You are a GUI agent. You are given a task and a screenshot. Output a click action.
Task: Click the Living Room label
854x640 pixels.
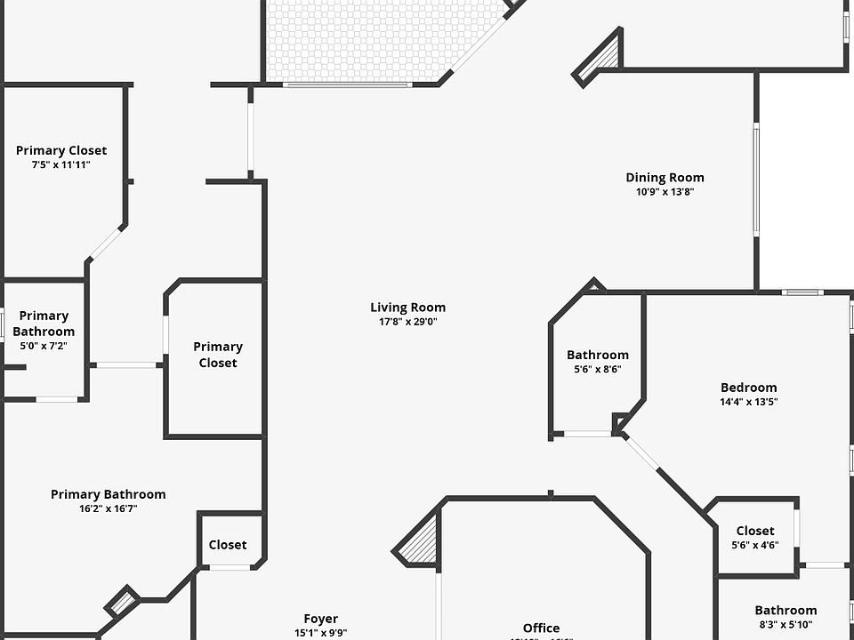click(x=407, y=308)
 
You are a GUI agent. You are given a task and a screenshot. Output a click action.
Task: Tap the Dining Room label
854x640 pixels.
click(x=665, y=178)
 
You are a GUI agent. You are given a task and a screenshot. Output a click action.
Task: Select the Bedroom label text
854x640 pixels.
click(x=748, y=388)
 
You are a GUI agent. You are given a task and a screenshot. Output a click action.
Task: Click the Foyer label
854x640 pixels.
click(x=320, y=619)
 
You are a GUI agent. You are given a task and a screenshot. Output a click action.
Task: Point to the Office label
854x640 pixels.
click(x=541, y=628)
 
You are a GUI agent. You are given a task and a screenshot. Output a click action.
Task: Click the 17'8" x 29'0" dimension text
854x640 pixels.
click(x=407, y=322)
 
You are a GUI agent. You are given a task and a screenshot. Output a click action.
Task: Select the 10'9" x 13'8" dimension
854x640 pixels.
click(x=665, y=192)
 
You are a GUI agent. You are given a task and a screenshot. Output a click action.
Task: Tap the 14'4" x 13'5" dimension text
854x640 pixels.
click(x=748, y=402)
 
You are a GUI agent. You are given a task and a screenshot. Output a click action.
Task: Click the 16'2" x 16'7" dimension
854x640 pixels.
click(x=108, y=508)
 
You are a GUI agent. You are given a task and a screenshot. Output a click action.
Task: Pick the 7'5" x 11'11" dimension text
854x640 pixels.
click(x=60, y=164)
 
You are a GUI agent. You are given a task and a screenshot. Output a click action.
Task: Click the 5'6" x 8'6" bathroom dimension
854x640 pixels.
click(x=597, y=369)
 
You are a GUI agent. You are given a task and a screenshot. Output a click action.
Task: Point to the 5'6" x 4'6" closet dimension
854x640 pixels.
click(x=754, y=545)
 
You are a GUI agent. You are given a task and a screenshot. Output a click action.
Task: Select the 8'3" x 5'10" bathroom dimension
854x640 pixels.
click(x=786, y=625)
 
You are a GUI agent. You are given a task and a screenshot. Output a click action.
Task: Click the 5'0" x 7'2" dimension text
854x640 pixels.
click(x=44, y=346)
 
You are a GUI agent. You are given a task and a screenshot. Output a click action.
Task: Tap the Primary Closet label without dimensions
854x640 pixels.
click(x=218, y=355)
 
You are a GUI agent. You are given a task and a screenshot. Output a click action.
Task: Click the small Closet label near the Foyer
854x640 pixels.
click(x=228, y=545)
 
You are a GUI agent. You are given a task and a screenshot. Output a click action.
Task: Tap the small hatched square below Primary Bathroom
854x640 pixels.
click(x=123, y=602)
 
